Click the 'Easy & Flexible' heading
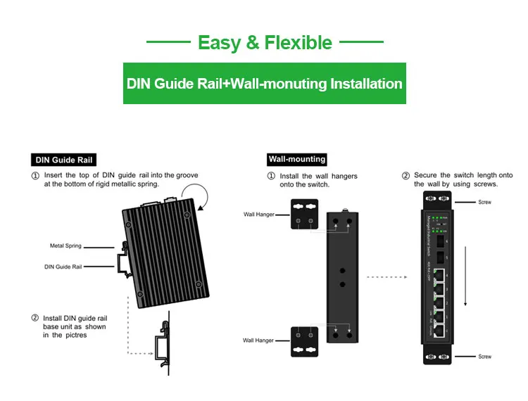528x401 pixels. (265, 42)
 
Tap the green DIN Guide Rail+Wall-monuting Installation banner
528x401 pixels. (265, 84)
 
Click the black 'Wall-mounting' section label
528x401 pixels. (297, 160)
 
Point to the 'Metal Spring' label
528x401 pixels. (65, 246)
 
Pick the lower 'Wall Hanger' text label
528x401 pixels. (258, 340)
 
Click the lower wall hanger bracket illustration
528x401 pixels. (304, 341)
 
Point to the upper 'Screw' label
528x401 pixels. (484, 202)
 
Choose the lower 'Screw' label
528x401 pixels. (484, 357)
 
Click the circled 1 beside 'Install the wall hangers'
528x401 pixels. (272, 176)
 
